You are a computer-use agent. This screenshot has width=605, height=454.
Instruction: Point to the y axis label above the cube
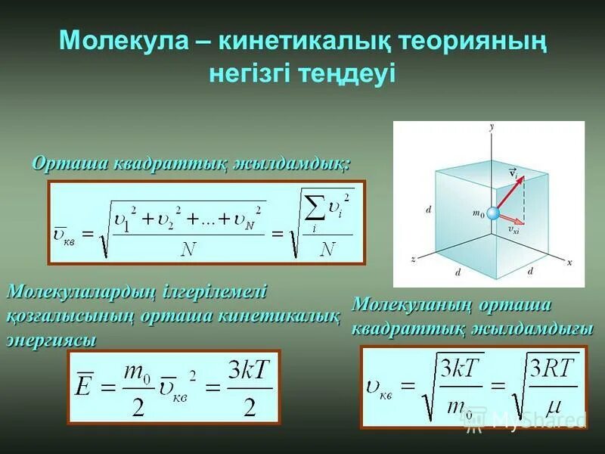coord(492,127)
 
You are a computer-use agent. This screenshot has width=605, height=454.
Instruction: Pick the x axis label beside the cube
coord(569,262)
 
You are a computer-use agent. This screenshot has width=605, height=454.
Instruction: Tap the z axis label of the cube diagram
coord(413,259)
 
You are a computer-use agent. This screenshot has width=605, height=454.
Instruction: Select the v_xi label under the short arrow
coord(513,230)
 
